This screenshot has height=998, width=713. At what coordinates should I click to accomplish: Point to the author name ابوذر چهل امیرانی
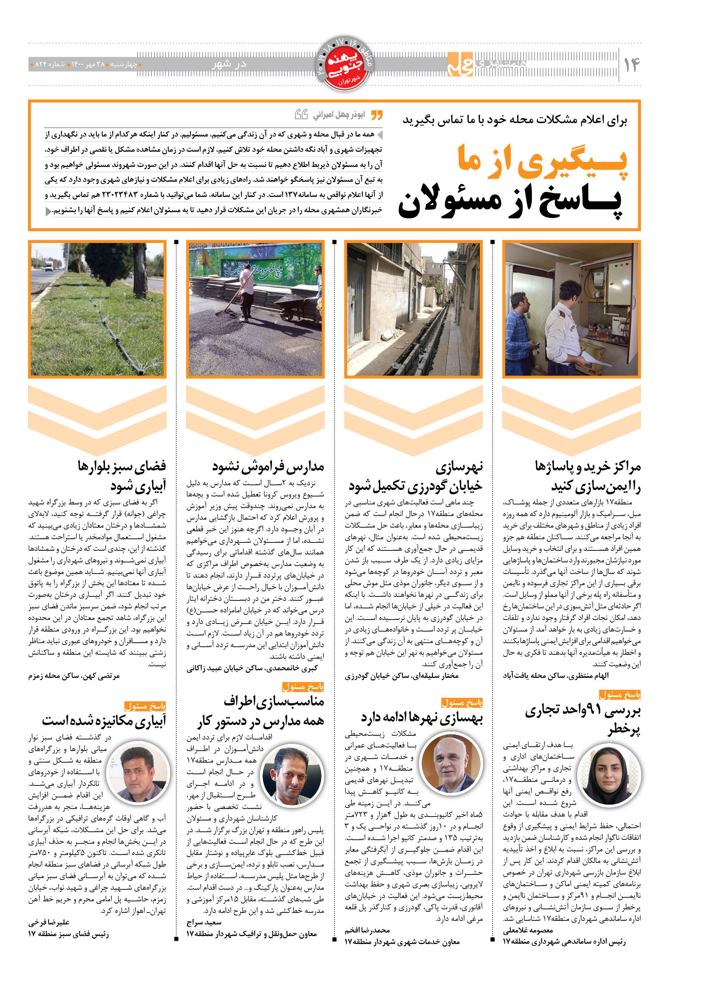(x=339, y=115)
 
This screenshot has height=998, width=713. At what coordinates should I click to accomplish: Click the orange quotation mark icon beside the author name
(x=377, y=115)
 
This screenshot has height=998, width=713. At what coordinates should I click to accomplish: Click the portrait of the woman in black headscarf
(x=609, y=775)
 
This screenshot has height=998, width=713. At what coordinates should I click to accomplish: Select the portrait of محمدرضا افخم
(x=451, y=764)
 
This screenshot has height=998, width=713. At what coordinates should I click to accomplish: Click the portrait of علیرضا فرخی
(x=138, y=772)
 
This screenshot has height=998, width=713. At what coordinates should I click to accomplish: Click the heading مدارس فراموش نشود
(x=268, y=466)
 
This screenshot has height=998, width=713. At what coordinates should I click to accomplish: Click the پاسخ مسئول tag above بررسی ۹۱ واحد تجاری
(x=620, y=695)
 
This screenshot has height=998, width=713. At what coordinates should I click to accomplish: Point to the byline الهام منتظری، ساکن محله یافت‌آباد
(x=556, y=675)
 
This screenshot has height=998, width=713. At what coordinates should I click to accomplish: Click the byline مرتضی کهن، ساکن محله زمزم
(x=74, y=676)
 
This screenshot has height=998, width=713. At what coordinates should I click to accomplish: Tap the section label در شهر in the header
(x=229, y=64)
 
